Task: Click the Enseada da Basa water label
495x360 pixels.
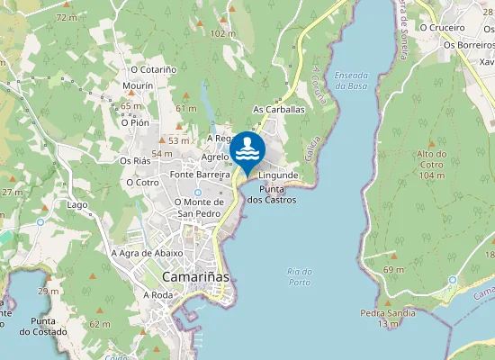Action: click(353, 80)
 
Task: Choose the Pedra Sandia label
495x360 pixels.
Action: click(388, 313)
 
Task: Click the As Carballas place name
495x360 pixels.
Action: click(279, 109)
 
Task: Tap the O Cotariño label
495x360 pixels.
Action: click(155, 68)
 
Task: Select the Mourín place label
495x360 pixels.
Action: click(138, 85)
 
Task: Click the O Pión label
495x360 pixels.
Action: click(134, 122)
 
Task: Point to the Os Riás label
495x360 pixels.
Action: click(135, 160)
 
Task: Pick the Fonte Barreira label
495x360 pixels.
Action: click(195, 175)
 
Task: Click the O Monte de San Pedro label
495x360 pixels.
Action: click(199, 208)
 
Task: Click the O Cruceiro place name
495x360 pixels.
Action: click(452, 28)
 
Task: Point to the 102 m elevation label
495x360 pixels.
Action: click(222, 33)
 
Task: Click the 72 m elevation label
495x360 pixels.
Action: click(66, 17)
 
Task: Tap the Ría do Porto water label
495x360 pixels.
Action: click(299, 277)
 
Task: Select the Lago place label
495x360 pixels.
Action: click(77, 204)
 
